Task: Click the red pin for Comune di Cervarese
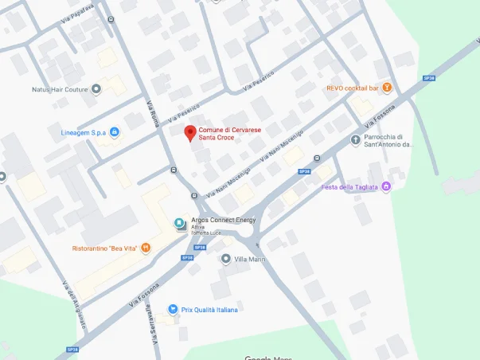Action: pos(189,133)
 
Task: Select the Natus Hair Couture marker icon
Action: pos(96,89)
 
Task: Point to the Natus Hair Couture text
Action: pos(60,89)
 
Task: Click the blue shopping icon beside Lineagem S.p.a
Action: pos(114,131)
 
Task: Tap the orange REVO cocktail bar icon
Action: pos(387,88)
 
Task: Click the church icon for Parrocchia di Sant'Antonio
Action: pos(355,140)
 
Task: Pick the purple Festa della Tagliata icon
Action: pos(387,187)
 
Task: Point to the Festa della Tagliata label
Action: pos(349,187)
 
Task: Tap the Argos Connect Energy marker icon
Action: pos(179,223)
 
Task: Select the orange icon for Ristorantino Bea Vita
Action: pos(146,248)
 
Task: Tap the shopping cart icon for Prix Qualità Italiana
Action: pos(172,309)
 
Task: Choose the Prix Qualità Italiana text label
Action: pos(209,309)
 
